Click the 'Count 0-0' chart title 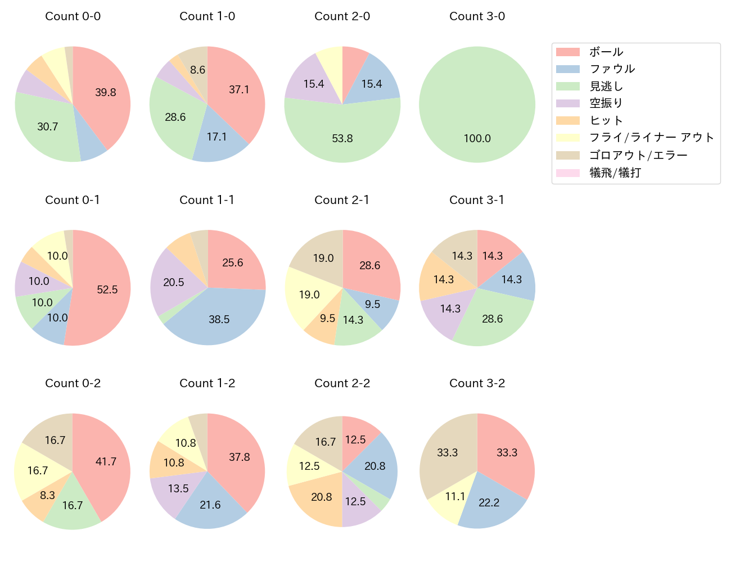pos(73,16)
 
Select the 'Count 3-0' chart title pos(477,16)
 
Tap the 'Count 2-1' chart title pos(342,200)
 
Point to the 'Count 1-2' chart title pos(207,383)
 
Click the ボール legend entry pos(606,52)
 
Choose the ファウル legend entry pos(612,69)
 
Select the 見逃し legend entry pos(606,87)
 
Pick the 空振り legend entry pos(606,103)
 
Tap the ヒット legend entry pos(606,121)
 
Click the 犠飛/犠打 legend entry pos(615,173)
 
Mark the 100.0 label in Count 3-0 pos(477,138)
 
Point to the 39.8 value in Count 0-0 pos(105,92)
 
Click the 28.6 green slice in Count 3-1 pos(492,319)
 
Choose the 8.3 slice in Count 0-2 pos(47,495)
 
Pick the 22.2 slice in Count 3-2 pos(489,502)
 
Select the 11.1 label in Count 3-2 pos(454,496)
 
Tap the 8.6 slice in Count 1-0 pos(197,70)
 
